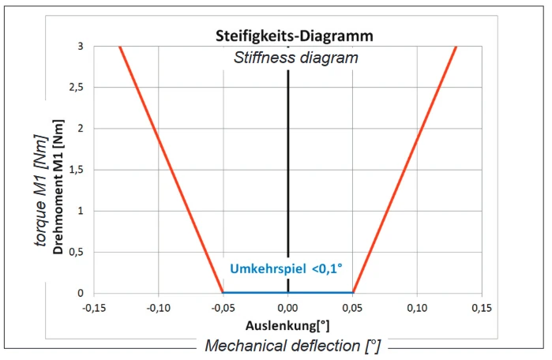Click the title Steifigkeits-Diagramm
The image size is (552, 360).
point(295,36)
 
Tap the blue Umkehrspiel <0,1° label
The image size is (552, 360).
point(286,268)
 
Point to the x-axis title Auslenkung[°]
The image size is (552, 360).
point(287,324)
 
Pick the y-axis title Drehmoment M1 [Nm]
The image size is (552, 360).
point(58,171)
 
